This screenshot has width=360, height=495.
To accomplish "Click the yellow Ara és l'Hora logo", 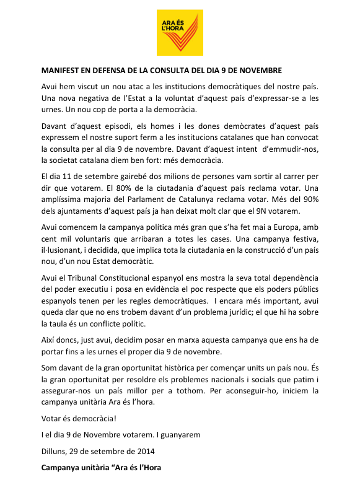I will (x=180, y=32).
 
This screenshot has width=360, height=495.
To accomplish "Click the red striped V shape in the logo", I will (x=185, y=33).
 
